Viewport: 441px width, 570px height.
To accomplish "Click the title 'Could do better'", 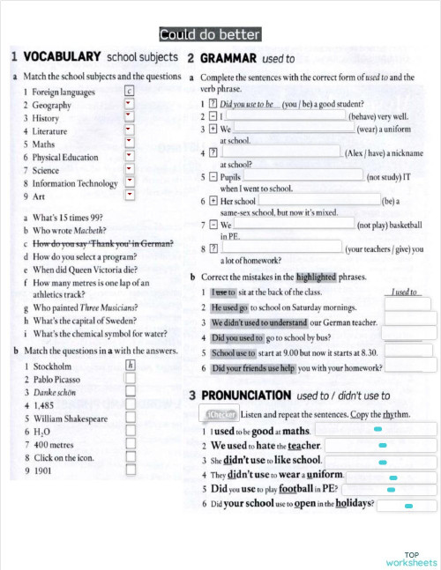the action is point(210,35).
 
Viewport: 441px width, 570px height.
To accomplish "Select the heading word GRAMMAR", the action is point(228,58).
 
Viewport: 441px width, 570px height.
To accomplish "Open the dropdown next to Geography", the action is point(130,104).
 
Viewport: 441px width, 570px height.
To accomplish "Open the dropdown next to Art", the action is point(130,196).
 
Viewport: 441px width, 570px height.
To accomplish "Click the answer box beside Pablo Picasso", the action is point(130,379).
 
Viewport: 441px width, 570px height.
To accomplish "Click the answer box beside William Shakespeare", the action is point(130,418).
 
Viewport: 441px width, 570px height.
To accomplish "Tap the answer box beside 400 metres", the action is point(130,445).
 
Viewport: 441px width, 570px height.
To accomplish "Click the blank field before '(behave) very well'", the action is point(287,115).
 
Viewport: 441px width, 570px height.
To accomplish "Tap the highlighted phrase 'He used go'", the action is point(228,307).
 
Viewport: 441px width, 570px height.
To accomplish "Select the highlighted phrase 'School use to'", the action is point(234,353).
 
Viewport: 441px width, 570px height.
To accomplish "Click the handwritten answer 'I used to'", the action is point(405,292).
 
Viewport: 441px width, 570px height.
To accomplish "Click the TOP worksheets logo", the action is point(411,558).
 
